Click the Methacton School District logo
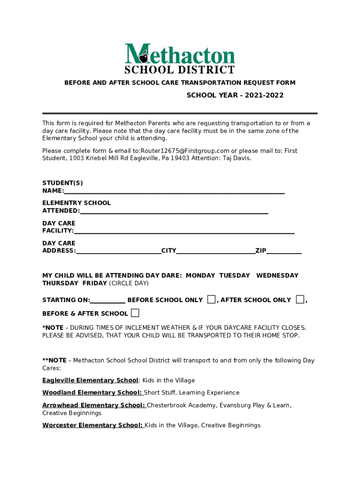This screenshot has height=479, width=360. point(180,58)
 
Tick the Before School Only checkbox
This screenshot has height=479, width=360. point(212,299)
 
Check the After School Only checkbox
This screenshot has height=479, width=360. point(300,299)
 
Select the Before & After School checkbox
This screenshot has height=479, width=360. point(135,312)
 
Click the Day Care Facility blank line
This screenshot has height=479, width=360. point(184,231)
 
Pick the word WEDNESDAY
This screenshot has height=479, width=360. point(277,276)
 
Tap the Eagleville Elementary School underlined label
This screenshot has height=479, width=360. point(90,380)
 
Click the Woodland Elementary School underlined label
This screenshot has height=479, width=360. point(92,392)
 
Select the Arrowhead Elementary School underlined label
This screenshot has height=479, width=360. point(94,405)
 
